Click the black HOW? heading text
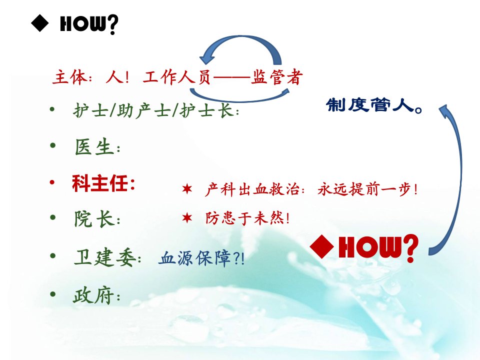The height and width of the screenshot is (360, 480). tap(89, 24)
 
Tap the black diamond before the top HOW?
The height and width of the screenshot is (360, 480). tap(40, 23)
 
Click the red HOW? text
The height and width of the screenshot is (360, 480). tap(378, 248)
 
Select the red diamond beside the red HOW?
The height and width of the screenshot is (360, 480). tap(322, 246)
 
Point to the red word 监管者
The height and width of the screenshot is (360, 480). tap(277, 76)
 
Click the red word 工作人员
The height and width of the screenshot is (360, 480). tap(177, 77)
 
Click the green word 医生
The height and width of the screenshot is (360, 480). tap(93, 147)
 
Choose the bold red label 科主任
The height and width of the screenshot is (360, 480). tap(100, 183)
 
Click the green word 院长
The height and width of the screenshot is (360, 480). tap(93, 218)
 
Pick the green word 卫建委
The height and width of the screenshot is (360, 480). tap(105, 257)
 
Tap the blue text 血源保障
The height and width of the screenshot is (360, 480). tap(195, 258)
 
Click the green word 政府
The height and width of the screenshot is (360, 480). tap(93, 295)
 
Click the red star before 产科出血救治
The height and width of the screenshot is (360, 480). tap(186, 189)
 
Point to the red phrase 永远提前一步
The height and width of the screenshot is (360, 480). tap(364, 189)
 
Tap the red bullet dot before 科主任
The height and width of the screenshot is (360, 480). tap(52, 183)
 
